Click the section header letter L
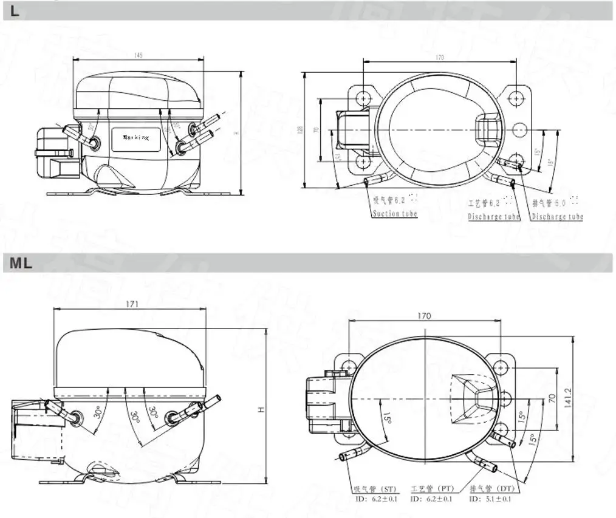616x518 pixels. point(15,11)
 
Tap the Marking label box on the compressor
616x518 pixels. point(135,138)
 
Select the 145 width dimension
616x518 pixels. point(139,56)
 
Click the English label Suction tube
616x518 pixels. point(395,214)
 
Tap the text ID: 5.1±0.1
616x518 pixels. point(490,499)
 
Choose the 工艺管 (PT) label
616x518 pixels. point(432,489)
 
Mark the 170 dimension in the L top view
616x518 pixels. point(439,58)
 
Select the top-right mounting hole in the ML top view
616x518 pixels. point(500,367)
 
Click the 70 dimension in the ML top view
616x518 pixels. point(552,398)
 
